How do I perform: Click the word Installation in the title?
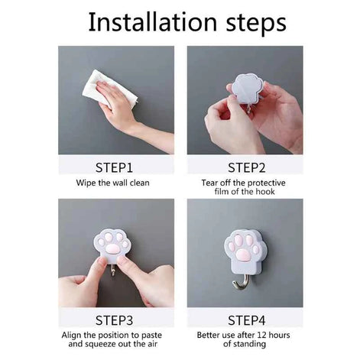[x=153, y=22]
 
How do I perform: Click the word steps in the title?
[x=256, y=24]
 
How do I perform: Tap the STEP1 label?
[x=114, y=167]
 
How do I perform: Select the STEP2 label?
[x=246, y=167]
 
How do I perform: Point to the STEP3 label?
[x=114, y=320]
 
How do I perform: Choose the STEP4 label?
[x=246, y=320]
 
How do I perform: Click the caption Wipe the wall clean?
[x=112, y=183]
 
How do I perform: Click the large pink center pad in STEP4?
[x=242, y=255]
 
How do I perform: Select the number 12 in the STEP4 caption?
[x=262, y=335]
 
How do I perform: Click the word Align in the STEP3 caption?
[x=71, y=335]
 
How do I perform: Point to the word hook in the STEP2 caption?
[x=265, y=192]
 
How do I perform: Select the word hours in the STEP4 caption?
[x=279, y=335]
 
